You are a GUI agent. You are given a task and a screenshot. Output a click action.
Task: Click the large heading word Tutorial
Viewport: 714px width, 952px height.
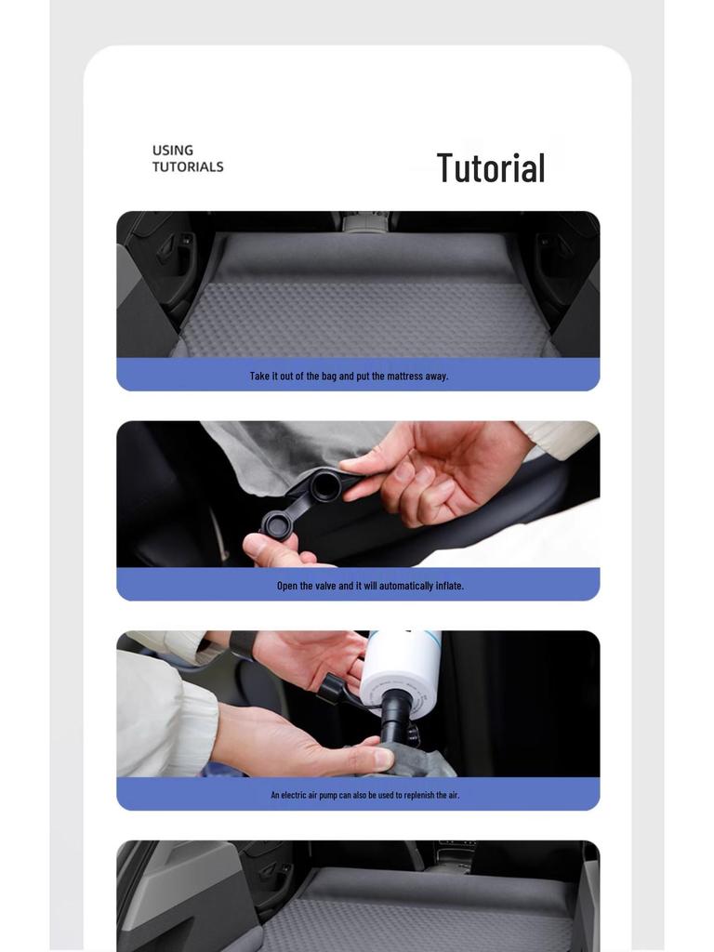pyautogui.click(x=491, y=167)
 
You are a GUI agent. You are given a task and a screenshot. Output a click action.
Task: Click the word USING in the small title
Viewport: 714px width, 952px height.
pyautogui.click(x=173, y=150)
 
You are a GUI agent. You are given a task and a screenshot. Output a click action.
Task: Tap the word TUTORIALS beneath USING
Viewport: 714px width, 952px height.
pyautogui.click(x=188, y=166)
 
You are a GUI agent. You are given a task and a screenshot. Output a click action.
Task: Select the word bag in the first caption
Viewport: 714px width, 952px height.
pyautogui.click(x=329, y=377)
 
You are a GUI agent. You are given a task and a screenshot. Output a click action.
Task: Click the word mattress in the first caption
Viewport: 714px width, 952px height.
pyautogui.click(x=404, y=376)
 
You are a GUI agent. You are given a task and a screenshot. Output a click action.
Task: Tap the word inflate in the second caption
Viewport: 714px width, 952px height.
pyautogui.click(x=450, y=586)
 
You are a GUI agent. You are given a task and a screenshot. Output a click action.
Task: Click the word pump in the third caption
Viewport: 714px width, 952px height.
pyautogui.click(x=328, y=796)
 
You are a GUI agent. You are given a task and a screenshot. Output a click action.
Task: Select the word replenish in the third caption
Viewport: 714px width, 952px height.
pyautogui.click(x=417, y=796)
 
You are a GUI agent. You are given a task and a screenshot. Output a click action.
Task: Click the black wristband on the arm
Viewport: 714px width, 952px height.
pyautogui.click(x=244, y=645)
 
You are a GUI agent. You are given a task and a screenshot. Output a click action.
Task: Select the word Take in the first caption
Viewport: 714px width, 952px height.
pyautogui.click(x=258, y=376)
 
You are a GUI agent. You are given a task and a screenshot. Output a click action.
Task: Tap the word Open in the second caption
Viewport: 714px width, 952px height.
pyautogui.click(x=287, y=586)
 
